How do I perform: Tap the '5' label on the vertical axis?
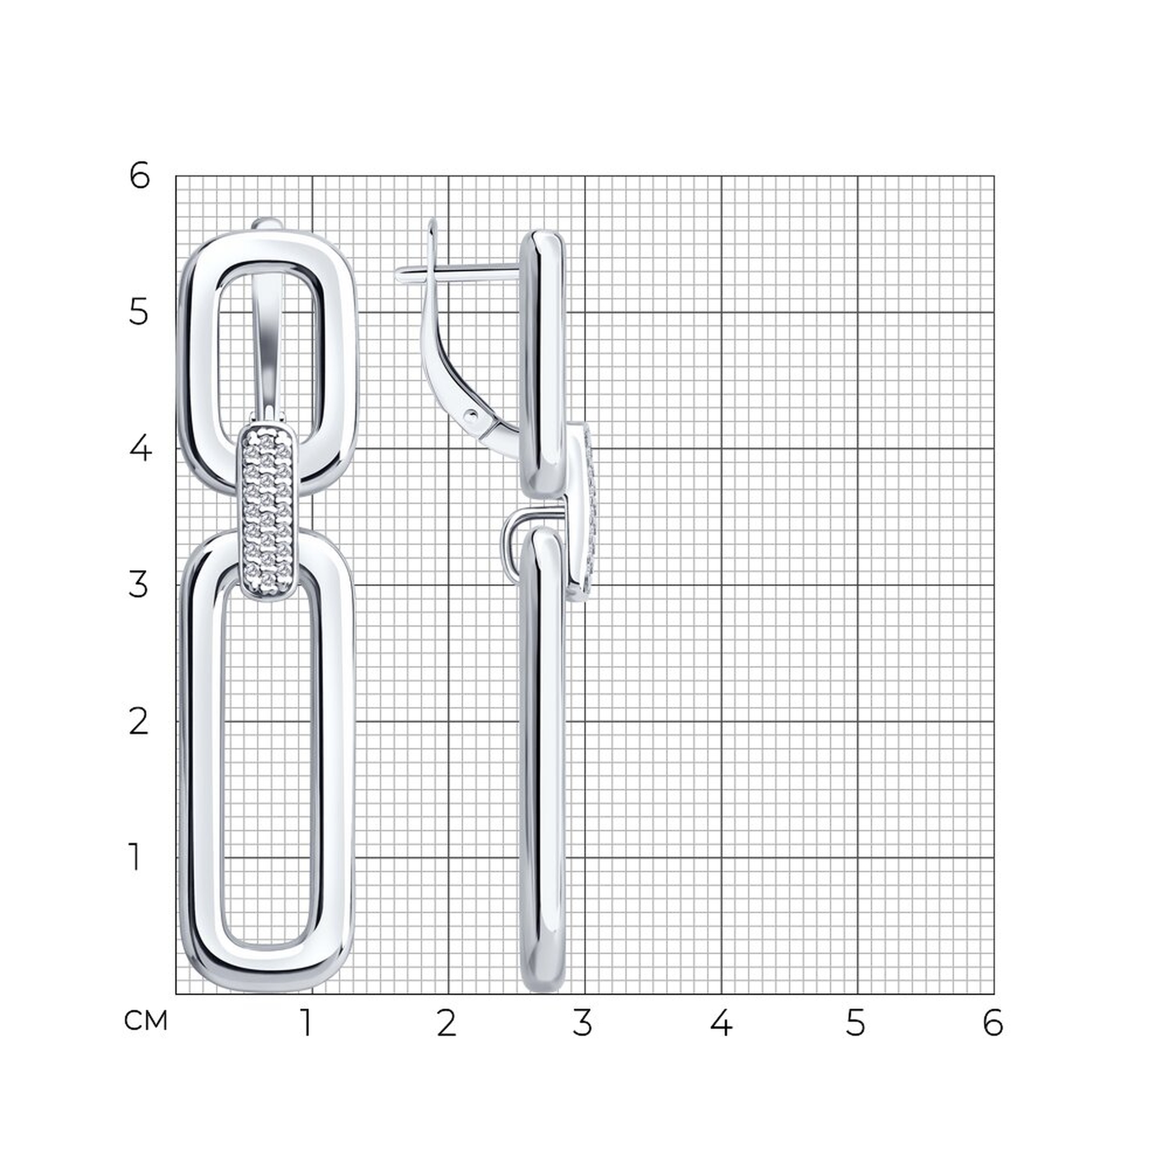coord(139,313)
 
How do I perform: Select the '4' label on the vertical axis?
coord(140,449)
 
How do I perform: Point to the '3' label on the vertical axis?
coord(139,585)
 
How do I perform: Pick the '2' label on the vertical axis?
coord(139,722)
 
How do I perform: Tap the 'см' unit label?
coord(145,1020)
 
